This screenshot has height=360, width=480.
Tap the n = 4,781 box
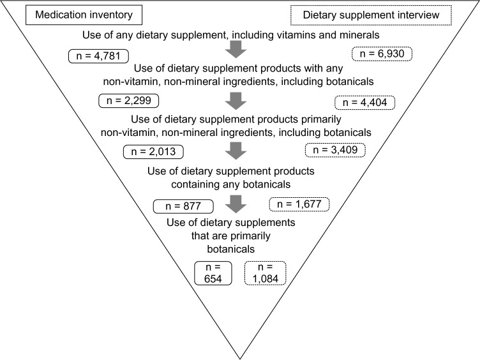click(96, 56)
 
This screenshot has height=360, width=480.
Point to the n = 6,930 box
click(380, 54)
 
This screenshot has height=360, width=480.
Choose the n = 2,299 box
click(129, 101)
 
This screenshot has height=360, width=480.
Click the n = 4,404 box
click(364, 102)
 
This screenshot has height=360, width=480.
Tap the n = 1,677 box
click(299, 204)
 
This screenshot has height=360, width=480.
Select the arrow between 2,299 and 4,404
click(237, 101)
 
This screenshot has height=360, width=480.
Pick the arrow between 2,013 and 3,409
click(237, 151)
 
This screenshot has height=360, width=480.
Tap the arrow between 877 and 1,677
click(237, 204)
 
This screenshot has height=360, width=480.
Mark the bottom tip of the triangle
click(240, 357)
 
